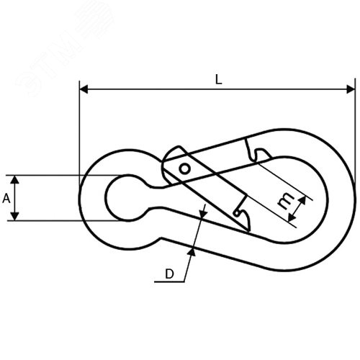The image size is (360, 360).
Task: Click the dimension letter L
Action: point(218,79)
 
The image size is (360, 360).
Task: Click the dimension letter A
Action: point(6,199)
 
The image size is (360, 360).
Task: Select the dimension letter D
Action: point(169,274)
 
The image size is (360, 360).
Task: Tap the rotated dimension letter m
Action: point(286,201)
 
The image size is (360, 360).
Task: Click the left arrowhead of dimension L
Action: point(84,89)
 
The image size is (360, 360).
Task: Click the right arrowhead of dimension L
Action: point(351,89)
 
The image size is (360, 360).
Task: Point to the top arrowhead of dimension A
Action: point(15,180)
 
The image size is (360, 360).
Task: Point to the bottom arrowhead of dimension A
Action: point(15,216)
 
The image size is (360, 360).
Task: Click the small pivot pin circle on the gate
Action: point(185,169)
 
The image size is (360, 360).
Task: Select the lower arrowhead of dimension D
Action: point(192,252)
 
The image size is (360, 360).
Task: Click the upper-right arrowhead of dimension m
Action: point(302,200)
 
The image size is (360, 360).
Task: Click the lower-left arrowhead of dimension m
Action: point(291,217)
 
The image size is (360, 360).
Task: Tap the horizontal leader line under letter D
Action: point(169,282)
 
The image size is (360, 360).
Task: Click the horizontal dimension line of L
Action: point(217,89)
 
